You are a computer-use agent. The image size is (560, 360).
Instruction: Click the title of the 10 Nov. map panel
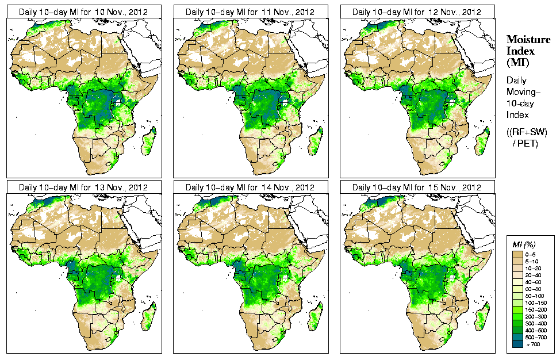(x=83, y=12)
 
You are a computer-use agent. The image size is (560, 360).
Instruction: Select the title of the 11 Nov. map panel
(x=250, y=12)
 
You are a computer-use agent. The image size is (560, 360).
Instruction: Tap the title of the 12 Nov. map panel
(x=417, y=12)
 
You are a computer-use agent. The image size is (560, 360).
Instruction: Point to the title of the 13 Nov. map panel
(x=83, y=187)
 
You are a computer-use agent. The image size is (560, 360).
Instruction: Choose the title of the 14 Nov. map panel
(x=250, y=187)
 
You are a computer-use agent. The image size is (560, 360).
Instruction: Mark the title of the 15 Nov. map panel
(x=417, y=187)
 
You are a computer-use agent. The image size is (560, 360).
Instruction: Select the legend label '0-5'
(x=533, y=254)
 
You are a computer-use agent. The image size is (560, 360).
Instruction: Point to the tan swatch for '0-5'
(x=519, y=254)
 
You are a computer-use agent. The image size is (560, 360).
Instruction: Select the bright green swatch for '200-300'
(x=519, y=316)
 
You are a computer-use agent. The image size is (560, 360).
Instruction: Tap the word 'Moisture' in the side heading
(x=528, y=40)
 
